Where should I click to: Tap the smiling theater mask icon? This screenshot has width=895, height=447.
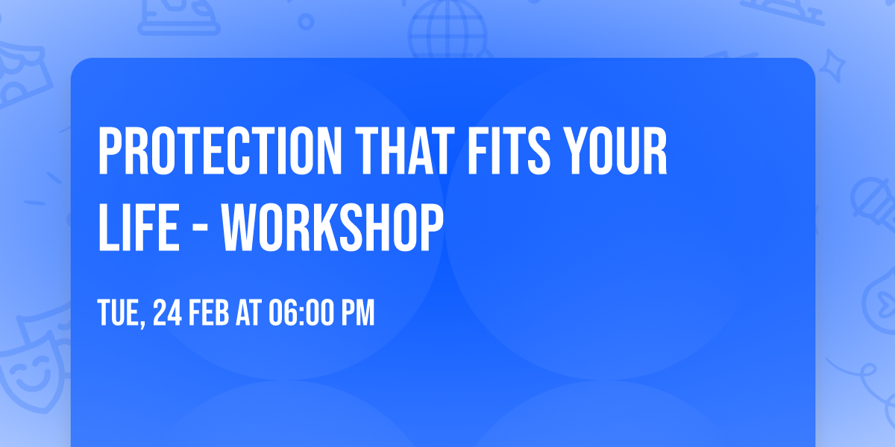pyautogui.click(x=30, y=369)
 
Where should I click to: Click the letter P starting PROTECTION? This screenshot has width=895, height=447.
pyautogui.click(x=109, y=152)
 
